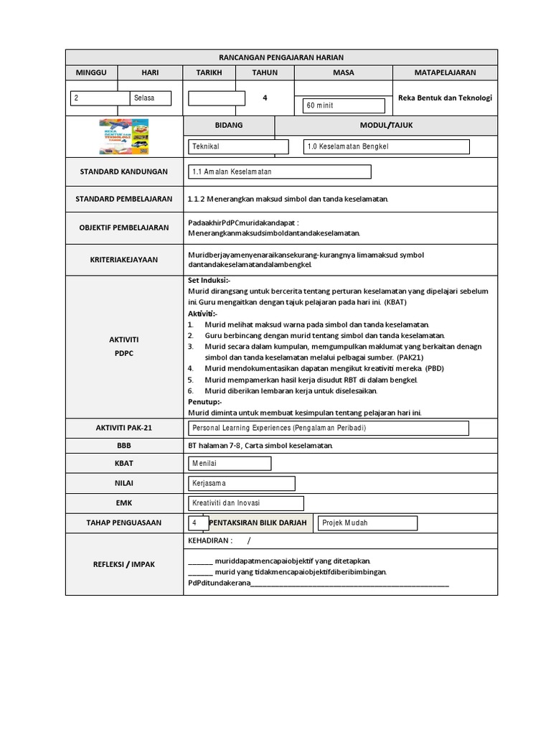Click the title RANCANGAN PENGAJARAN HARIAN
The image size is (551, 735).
click(281, 57)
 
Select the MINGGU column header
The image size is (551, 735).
click(91, 72)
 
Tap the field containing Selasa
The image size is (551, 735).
click(150, 98)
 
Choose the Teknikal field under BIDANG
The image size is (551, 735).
click(238, 146)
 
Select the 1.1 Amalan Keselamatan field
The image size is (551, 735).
click(279, 172)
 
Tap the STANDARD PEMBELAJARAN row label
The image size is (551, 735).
click(124, 199)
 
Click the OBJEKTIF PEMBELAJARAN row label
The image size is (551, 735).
click(124, 228)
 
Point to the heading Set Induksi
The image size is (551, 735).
click(209, 281)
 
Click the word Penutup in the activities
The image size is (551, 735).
click(204, 402)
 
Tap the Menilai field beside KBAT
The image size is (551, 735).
click(230, 464)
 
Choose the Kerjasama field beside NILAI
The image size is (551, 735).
click(241, 484)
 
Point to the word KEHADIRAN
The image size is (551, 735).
click(210, 540)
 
